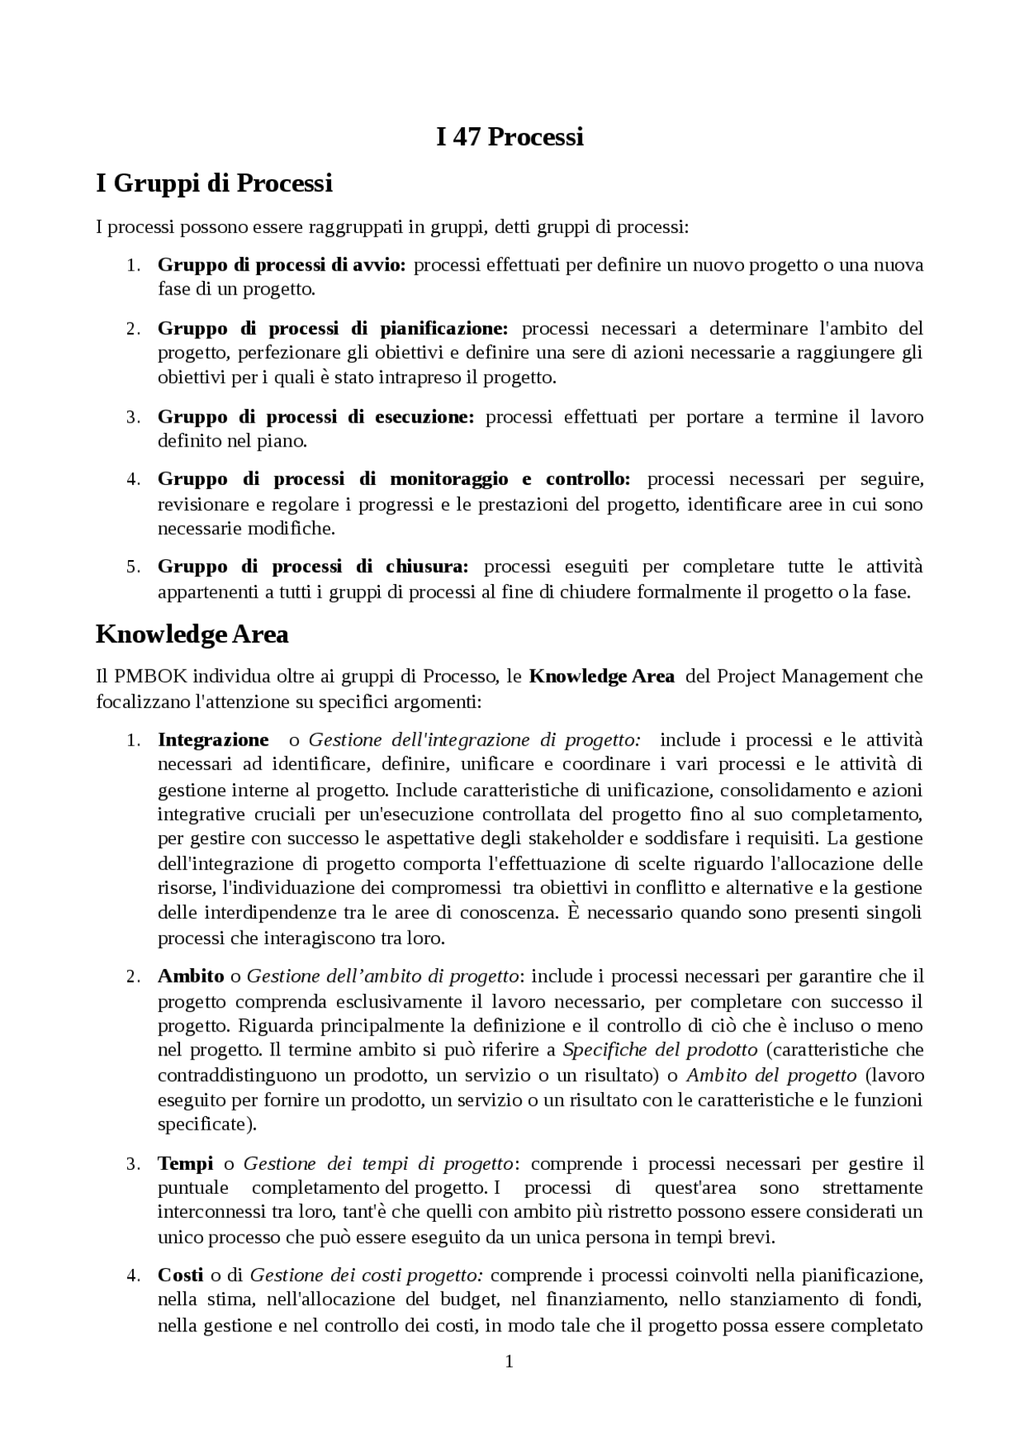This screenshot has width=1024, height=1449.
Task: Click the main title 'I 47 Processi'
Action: [510, 137]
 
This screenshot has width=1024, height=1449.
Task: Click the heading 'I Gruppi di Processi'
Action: [214, 183]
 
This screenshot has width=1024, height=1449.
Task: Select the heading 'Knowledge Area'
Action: [192, 634]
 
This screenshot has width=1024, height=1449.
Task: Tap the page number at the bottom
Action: [509, 1361]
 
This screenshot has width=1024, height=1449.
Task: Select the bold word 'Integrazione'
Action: [213, 740]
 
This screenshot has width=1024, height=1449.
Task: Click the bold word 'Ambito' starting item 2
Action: [190, 976]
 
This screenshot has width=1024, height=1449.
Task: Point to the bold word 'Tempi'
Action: [185, 1163]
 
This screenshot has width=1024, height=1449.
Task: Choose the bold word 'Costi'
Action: [180, 1275]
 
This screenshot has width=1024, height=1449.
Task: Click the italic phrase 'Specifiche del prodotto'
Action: [660, 1050]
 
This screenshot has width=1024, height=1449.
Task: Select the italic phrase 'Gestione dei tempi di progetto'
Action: [378, 1163]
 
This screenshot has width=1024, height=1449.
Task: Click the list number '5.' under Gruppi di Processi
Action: [134, 567]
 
